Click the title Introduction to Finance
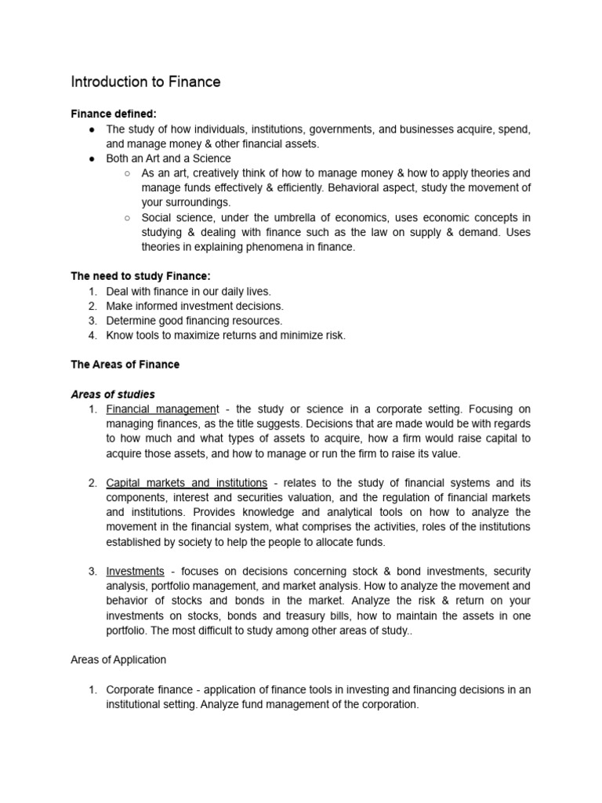(x=145, y=82)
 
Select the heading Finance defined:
(x=114, y=114)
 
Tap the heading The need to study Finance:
(x=142, y=276)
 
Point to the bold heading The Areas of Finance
(x=125, y=365)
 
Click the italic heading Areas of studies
(x=113, y=394)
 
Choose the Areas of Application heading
(x=118, y=659)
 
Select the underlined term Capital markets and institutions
(x=187, y=482)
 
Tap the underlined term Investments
(x=135, y=571)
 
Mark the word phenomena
(x=281, y=247)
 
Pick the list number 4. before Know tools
(x=92, y=336)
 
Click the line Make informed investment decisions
(x=194, y=306)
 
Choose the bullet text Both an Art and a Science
(x=169, y=158)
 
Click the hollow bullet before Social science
(x=127, y=217)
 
